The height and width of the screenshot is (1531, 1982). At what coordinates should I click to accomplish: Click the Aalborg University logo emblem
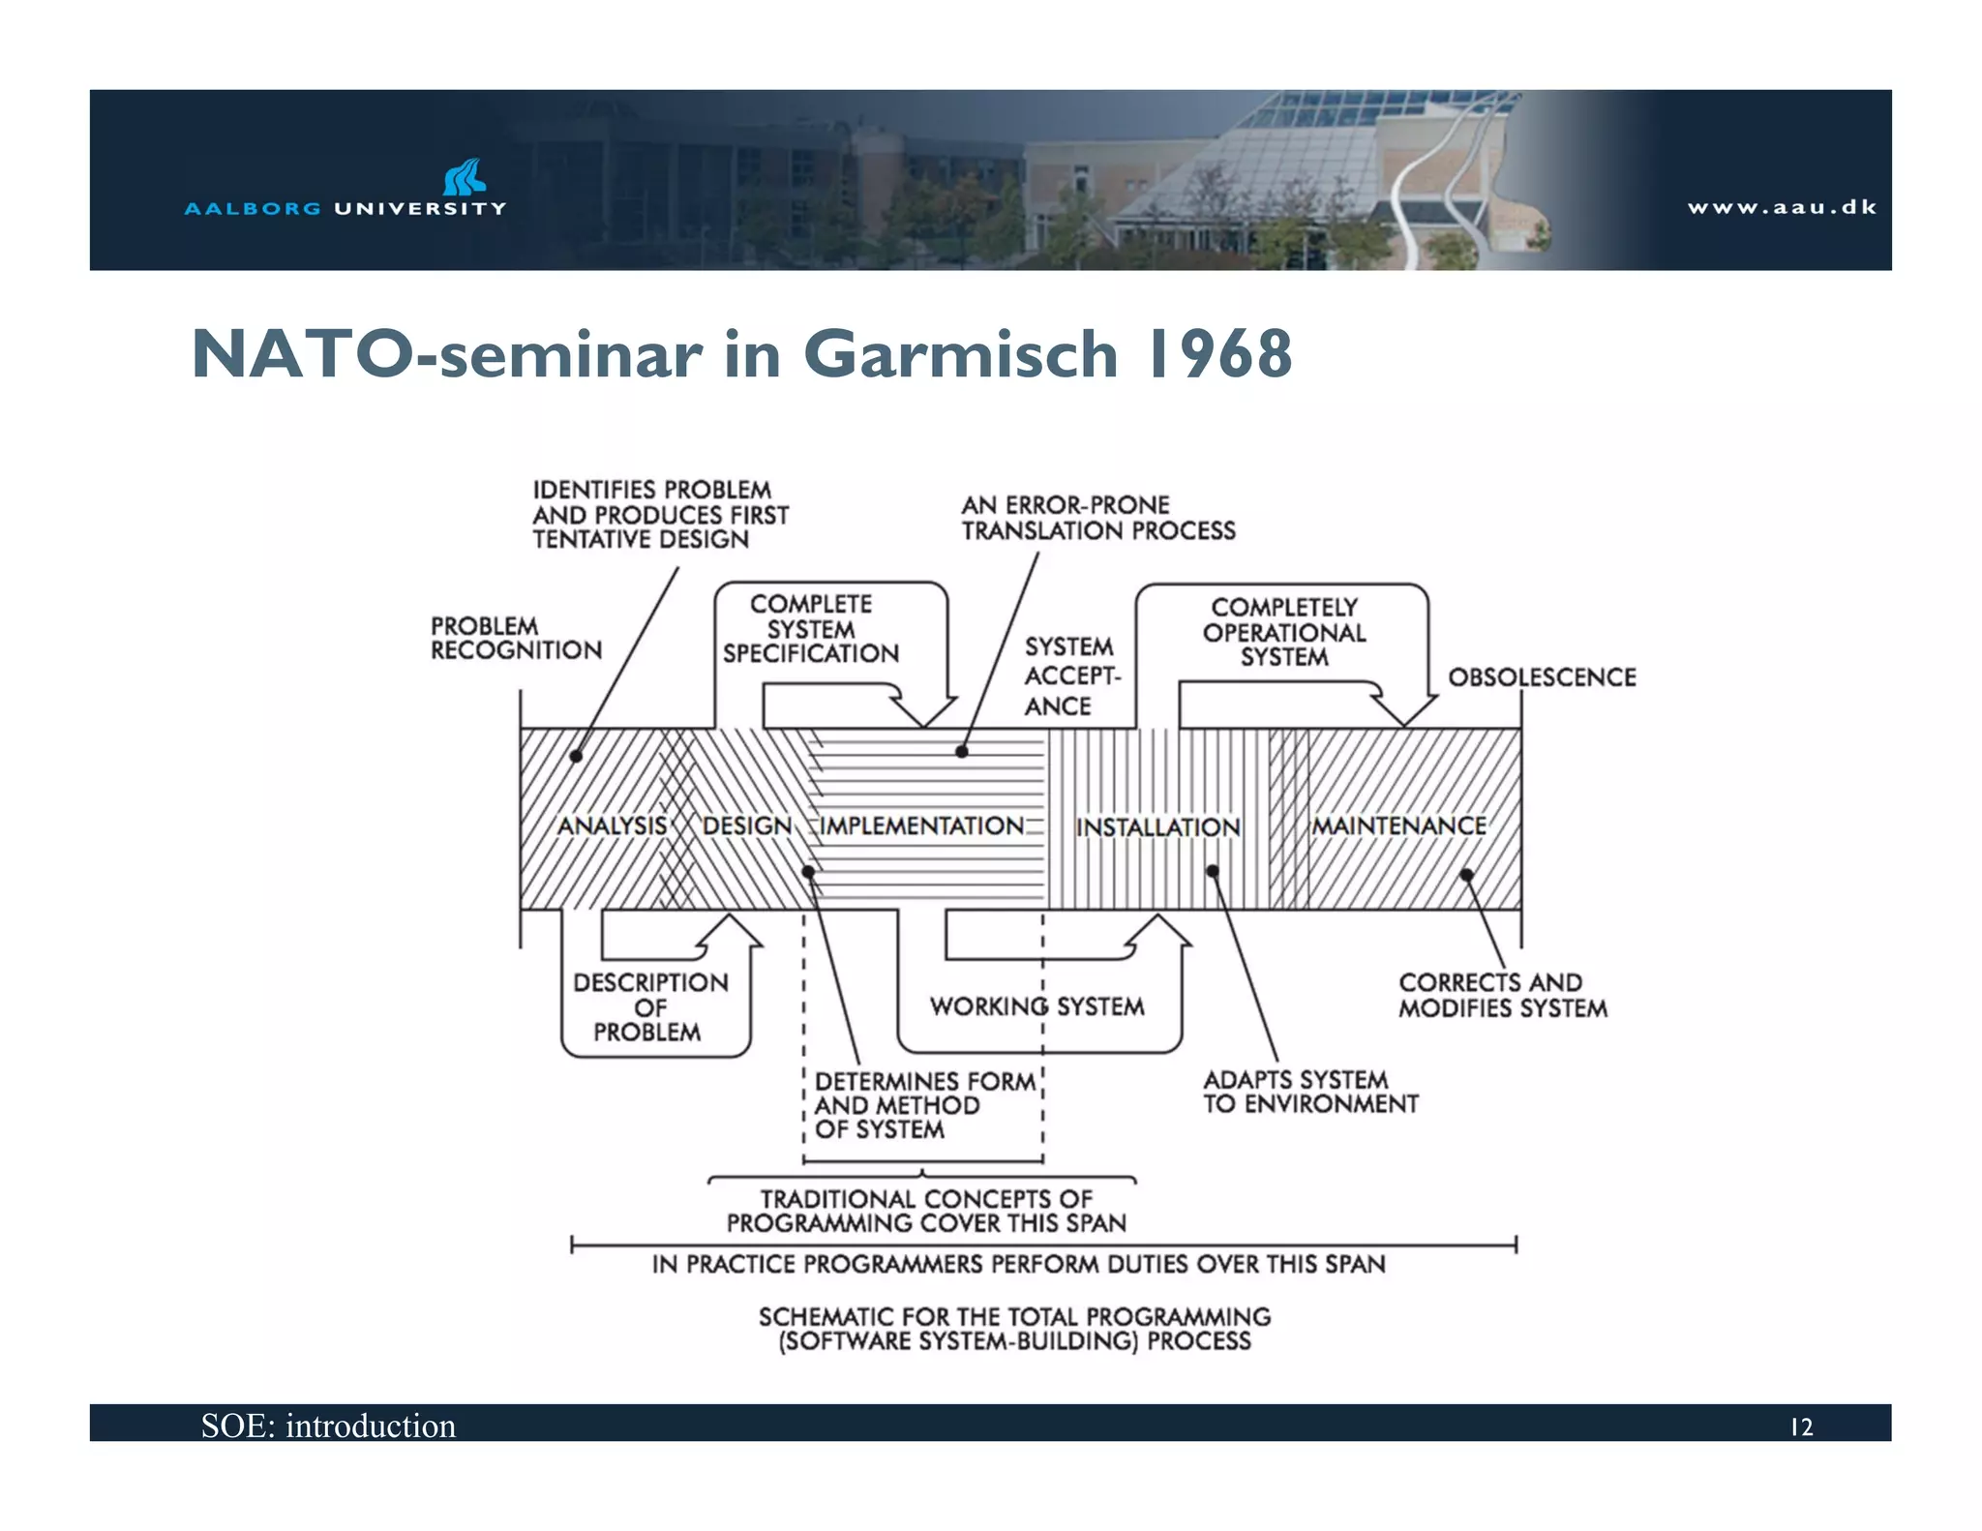[x=464, y=177]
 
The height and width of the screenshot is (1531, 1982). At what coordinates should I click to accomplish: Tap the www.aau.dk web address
[x=1781, y=207]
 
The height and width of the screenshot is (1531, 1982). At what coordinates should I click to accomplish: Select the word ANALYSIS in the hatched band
[x=613, y=826]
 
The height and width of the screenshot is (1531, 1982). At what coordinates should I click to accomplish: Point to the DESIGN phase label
[x=747, y=826]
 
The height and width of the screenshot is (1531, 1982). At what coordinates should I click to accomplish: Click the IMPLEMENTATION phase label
[x=921, y=826]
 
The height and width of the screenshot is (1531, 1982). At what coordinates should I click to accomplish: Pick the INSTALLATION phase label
[x=1157, y=827]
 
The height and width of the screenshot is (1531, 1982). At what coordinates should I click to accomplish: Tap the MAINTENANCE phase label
[x=1398, y=826]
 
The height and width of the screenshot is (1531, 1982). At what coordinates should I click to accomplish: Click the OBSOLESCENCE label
[x=1542, y=677]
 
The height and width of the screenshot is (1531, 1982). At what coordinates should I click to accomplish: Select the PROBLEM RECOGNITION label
[x=516, y=639]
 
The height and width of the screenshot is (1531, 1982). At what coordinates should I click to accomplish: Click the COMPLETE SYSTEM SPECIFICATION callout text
[x=811, y=629]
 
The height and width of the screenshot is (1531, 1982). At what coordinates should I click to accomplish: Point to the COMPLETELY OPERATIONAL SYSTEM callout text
[x=1284, y=632]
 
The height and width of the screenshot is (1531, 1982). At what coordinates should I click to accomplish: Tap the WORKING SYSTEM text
[x=1036, y=1006]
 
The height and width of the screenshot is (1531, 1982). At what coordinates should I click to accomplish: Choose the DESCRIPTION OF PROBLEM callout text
[x=649, y=1007]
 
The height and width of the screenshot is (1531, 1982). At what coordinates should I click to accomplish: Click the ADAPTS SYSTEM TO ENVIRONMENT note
[x=1309, y=1092]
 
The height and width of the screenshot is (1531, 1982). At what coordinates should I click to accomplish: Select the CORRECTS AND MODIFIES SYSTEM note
[x=1502, y=995]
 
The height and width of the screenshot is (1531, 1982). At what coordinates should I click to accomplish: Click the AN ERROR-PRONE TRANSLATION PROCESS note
[x=1097, y=518]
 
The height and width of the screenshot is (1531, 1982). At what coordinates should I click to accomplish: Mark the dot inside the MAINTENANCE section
[x=1466, y=875]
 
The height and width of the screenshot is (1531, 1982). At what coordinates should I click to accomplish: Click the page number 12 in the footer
[x=1801, y=1427]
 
